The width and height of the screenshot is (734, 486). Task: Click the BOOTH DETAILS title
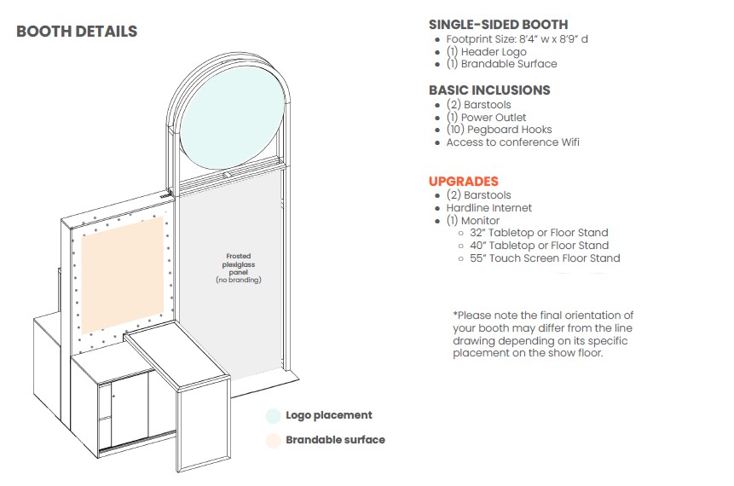pyautogui.click(x=77, y=32)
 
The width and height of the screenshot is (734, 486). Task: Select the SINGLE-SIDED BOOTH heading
pyautogui.click(x=498, y=25)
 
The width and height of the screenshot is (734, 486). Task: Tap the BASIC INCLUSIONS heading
pyautogui.click(x=489, y=90)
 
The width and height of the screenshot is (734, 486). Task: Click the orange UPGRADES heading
pyautogui.click(x=463, y=182)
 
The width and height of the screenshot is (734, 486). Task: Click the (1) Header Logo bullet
pyautogui.click(x=486, y=52)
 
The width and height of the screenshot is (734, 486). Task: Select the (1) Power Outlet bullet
pyautogui.click(x=486, y=118)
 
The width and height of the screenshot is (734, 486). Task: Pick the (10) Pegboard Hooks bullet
pyautogui.click(x=499, y=130)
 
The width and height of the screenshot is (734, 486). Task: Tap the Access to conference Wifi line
pyautogui.click(x=512, y=142)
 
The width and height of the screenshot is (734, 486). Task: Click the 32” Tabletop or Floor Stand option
pyautogui.click(x=539, y=233)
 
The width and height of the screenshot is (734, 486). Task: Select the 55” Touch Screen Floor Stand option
pyautogui.click(x=545, y=258)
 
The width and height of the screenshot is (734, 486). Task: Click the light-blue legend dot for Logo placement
pyautogui.click(x=273, y=416)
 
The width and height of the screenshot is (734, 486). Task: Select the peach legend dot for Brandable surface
pyautogui.click(x=273, y=441)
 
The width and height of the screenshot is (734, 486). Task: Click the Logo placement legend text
pyautogui.click(x=329, y=415)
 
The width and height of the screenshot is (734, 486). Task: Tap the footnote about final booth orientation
pyautogui.click(x=543, y=334)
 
